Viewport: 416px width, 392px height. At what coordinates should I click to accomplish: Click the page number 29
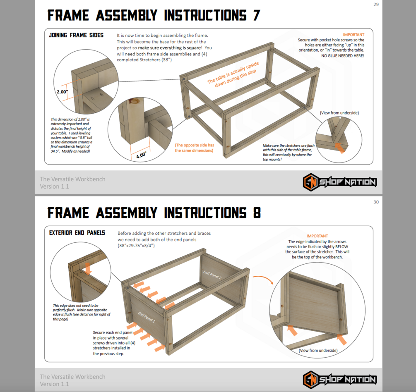[x=376, y=5]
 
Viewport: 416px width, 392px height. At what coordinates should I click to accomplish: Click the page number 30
[x=376, y=202]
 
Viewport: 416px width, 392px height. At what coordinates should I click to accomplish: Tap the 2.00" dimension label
[x=63, y=92]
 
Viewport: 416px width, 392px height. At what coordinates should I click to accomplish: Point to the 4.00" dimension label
[x=141, y=155]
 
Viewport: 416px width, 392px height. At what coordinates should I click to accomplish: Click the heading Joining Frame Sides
[x=76, y=35]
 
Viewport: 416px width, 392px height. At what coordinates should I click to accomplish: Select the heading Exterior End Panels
[x=77, y=233]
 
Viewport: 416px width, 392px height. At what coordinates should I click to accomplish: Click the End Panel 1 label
[x=147, y=317]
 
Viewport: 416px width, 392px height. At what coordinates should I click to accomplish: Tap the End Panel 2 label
[x=212, y=275]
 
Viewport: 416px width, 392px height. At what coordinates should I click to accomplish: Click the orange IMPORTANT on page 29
[x=353, y=35]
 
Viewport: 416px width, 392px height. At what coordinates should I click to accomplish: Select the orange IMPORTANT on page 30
[x=317, y=236]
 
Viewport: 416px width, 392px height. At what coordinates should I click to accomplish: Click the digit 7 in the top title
[x=256, y=15]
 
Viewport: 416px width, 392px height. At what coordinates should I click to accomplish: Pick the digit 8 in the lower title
[x=257, y=213]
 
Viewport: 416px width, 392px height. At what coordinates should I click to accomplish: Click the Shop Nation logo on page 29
[x=339, y=182]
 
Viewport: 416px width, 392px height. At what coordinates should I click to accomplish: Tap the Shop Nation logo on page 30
[x=339, y=379]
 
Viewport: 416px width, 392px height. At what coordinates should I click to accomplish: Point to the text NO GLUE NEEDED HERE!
[x=343, y=56]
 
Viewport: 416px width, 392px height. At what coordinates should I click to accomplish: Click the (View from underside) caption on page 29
[x=339, y=113]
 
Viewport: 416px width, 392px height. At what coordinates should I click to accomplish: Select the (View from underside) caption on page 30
[x=318, y=350]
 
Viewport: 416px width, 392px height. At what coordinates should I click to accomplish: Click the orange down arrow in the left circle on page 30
[x=88, y=268]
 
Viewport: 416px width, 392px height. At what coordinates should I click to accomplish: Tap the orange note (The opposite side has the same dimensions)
[x=194, y=148]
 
